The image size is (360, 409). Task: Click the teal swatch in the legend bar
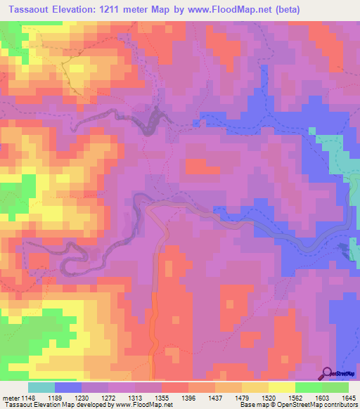[x=41, y=387]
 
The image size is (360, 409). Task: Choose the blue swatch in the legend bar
[x=67, y=387]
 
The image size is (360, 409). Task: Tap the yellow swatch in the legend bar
[x=281, y=387]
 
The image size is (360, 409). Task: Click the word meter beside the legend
[x=10, y=398]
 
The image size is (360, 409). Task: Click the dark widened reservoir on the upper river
[x=151, y=122]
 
